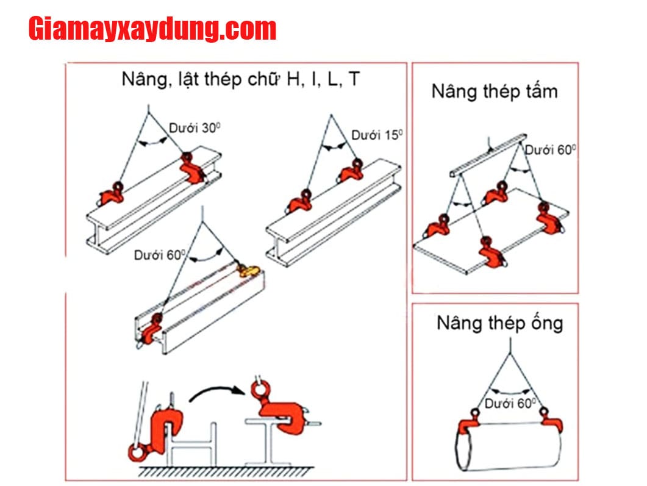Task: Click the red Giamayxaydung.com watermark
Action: [152, 29]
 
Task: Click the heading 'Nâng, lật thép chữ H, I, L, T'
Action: [240, 79]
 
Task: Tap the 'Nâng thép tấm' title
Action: [495, 91]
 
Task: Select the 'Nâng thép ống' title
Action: [499, 323]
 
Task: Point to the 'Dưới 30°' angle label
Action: [195, 128]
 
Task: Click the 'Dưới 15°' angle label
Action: [377, 135]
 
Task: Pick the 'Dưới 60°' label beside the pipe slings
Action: [510, 403]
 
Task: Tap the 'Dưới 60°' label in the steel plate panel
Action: [551, 150]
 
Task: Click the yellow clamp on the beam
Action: [248, 271]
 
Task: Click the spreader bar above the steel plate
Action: [488, 155]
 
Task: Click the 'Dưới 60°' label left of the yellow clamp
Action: [160, 255]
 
